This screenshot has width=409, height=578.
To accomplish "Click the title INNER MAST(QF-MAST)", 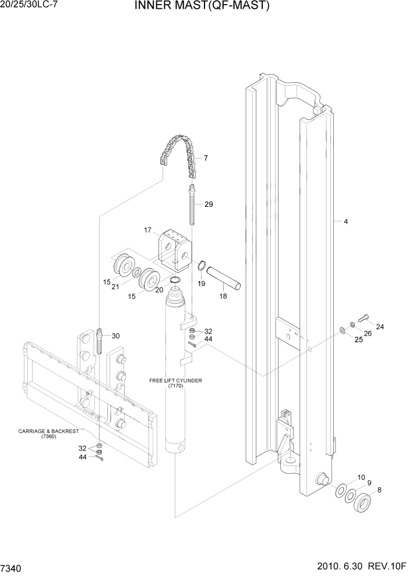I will click(x=202, y=6).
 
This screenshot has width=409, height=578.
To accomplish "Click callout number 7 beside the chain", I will click(x=206, y=158).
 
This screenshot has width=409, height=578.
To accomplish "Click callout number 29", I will click(x=209, y=204).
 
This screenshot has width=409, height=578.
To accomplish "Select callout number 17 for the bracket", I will click(x=147, y=230).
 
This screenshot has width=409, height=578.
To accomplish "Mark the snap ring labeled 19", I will click(x=202, y=266).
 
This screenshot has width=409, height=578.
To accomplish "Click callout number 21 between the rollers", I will click(x=116, y=287).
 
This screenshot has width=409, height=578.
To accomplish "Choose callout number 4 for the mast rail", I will click(x=345, y=221).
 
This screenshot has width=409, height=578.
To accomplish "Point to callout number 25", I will click(x=359, y=339).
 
